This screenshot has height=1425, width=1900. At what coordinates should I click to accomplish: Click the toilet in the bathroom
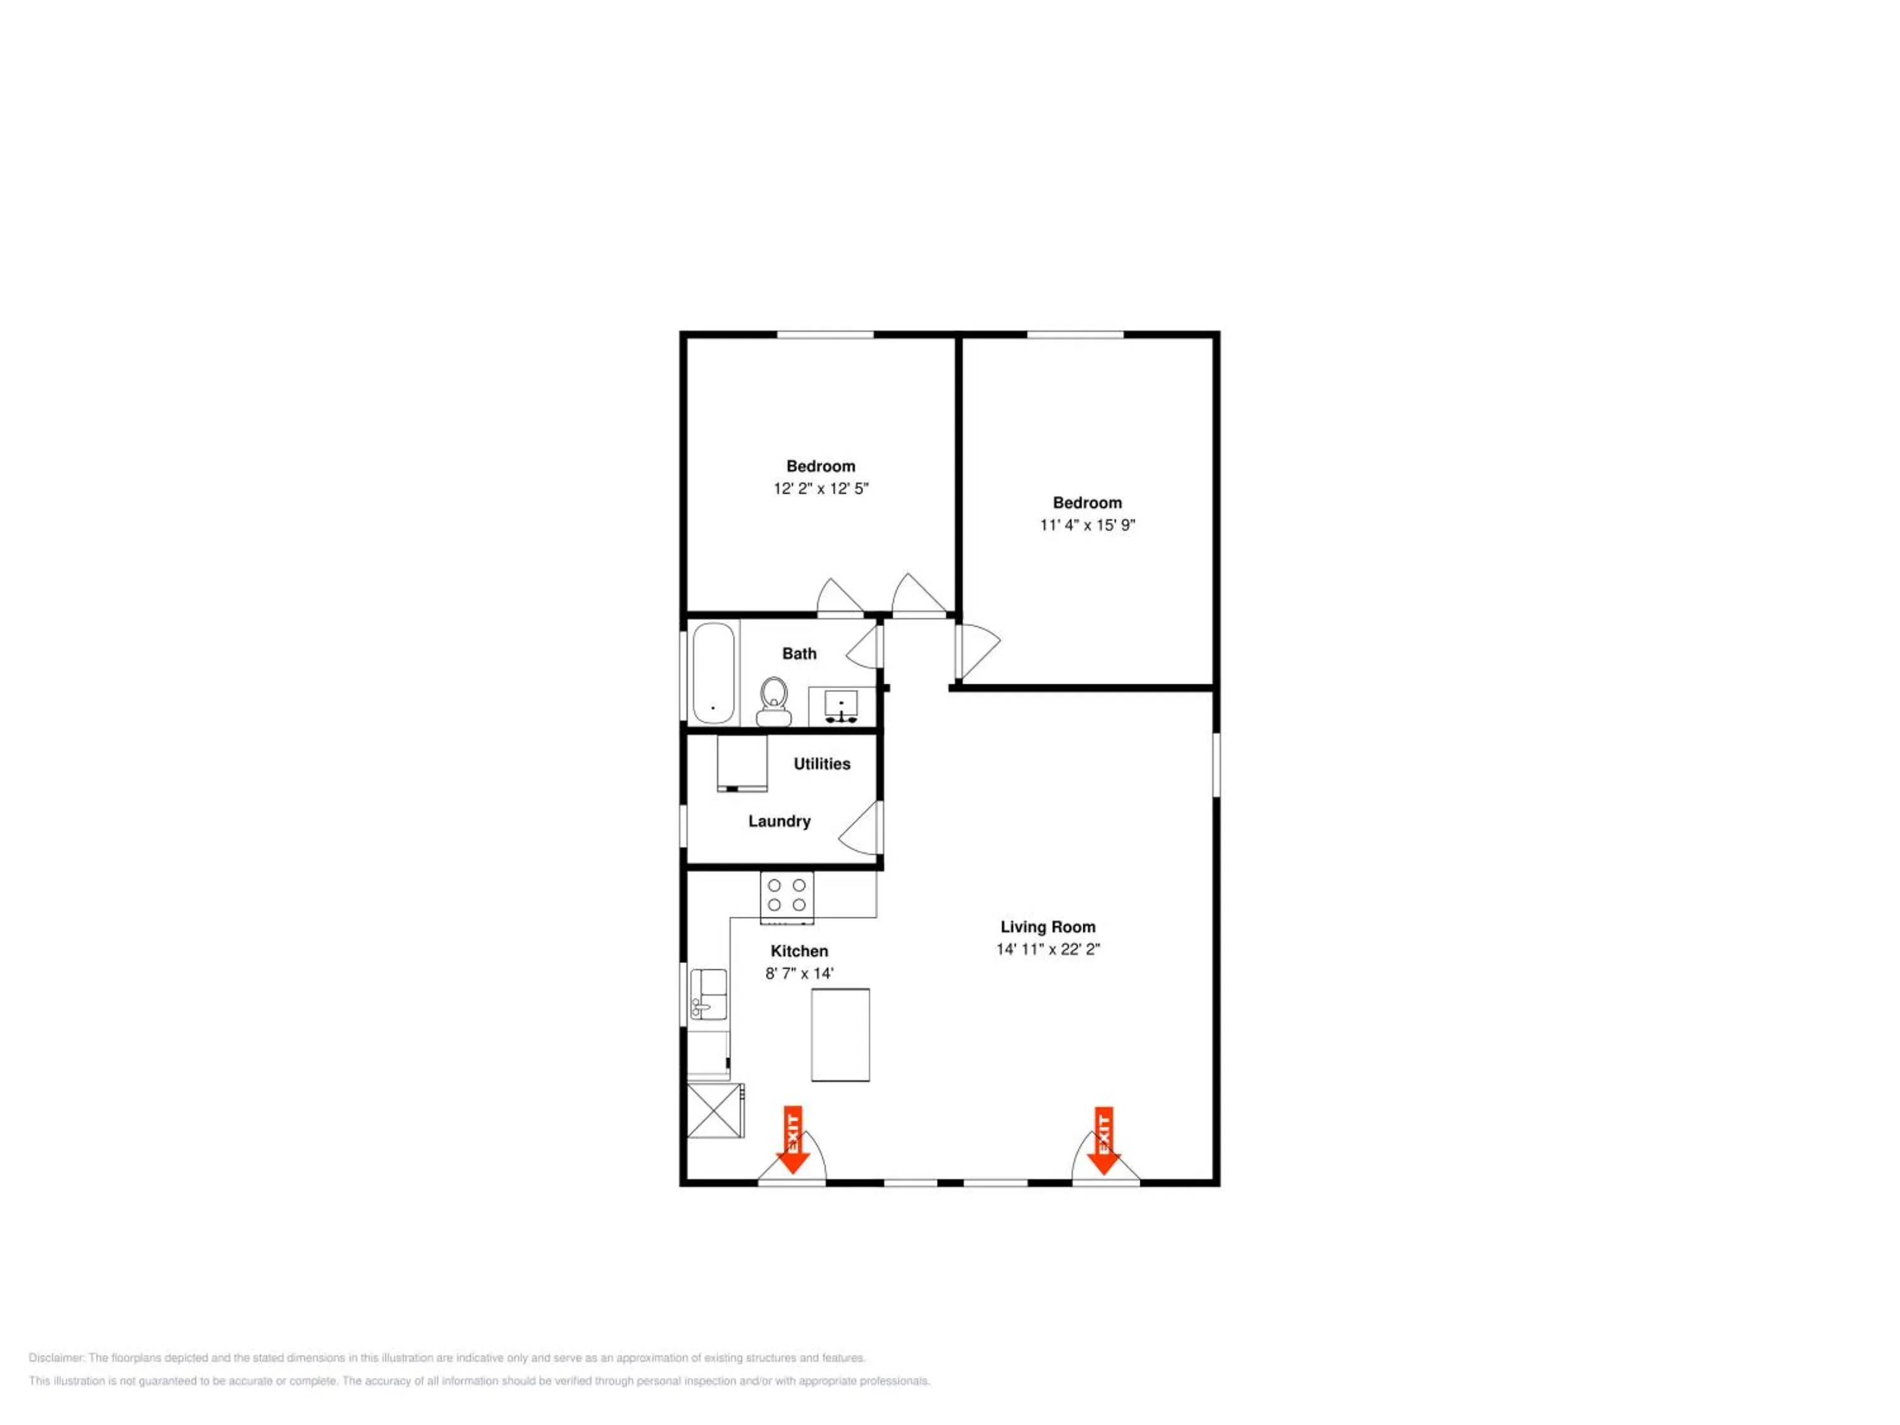click(x=774, y=701)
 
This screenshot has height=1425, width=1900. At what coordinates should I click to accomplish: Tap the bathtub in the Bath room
click(x=714, y=673)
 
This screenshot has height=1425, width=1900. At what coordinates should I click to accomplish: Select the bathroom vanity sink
click(x=841, y=706)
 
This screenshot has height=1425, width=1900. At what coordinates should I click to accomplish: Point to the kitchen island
click(x=841, y=1034)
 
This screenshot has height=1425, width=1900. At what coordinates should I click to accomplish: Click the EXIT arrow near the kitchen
click(x=793, y=1140)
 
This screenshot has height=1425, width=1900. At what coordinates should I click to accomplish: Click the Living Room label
click(x=1048, y=927)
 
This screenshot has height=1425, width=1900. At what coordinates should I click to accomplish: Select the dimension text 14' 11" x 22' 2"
click(x=1048, y=949)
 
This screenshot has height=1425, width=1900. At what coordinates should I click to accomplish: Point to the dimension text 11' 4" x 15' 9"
click(x=1087, y=525)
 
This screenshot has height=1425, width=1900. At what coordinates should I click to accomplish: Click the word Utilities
click(x=822, y=764)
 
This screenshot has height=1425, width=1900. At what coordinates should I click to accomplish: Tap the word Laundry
click(x=779, y=821)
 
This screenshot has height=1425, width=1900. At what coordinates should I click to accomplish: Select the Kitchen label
click(x=800, y=951)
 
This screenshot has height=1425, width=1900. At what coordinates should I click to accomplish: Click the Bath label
click(x=800, y=654)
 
